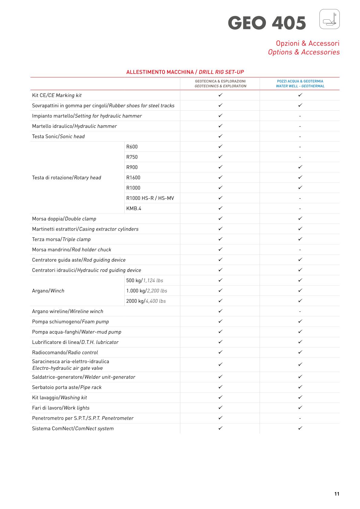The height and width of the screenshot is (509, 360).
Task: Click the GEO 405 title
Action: [267, 23]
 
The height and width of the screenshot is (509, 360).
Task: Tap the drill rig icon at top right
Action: [329, 19]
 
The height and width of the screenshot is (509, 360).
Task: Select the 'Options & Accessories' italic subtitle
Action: [303, 52]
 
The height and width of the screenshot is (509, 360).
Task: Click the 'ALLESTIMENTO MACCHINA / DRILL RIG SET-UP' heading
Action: [185, 72]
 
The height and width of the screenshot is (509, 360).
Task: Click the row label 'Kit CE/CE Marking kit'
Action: [57, 95]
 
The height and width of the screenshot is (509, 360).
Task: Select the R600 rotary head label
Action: [132, 147]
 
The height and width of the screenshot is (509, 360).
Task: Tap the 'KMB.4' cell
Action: [134, 208]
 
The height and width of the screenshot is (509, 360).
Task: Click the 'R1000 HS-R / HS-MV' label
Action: [150, 198]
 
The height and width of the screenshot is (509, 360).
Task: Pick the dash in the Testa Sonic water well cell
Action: [300, 137]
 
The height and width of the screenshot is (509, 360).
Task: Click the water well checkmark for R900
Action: [300, 167]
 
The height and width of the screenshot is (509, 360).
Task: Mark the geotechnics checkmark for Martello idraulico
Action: [220, 126]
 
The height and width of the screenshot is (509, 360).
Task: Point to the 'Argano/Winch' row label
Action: [48, 291]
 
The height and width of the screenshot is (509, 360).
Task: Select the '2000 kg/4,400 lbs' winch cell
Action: [146, 301]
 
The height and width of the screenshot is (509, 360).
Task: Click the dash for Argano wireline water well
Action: [300, 312]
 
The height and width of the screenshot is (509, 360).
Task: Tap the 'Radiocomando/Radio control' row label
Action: [65, 352]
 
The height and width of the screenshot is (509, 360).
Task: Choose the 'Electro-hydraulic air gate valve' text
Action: [67, 368]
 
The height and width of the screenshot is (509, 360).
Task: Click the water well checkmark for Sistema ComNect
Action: [300, 428]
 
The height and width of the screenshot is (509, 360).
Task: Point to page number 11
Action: [337, 494]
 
